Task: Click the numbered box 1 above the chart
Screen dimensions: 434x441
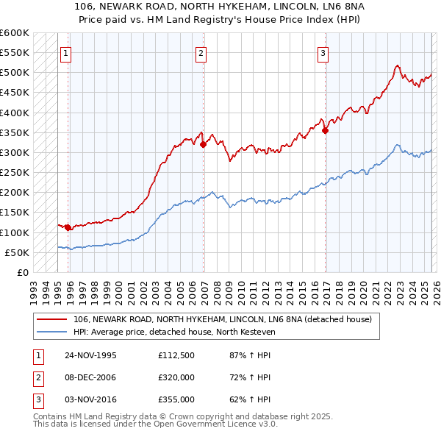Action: pos(66,53)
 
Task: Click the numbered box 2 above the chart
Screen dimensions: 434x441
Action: pos(201,53)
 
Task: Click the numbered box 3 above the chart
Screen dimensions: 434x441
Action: pos(323,53)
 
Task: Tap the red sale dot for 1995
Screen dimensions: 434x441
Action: pos(68,227)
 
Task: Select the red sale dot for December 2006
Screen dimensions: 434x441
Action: pos(203,145)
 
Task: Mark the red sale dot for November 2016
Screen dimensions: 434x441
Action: pos(325,131)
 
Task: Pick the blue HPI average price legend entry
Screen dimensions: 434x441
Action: pos(173,332)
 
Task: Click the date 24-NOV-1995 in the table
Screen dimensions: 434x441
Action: pos(91,355)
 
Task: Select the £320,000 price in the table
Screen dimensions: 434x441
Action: pos(176,377)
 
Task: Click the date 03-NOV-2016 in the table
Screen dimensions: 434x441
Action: pos(91,399)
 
